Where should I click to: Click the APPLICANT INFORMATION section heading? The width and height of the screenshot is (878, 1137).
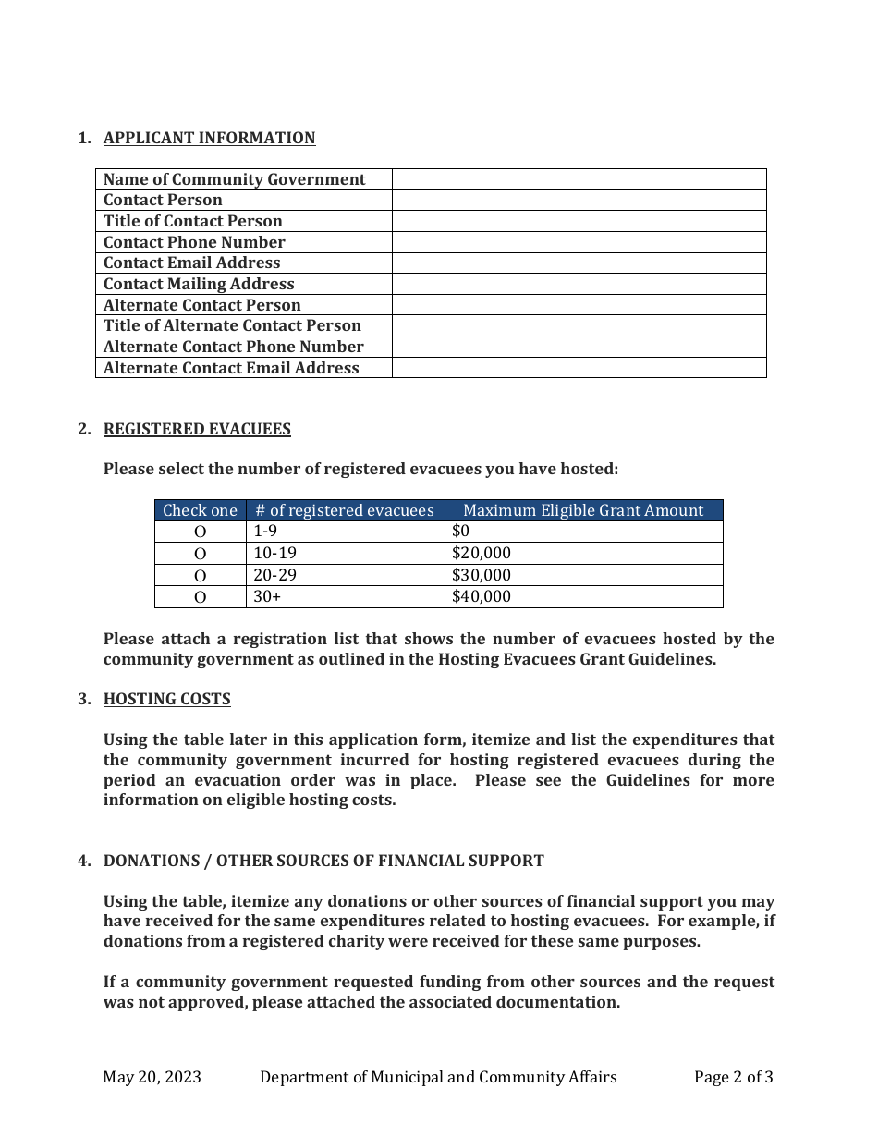point(209,138)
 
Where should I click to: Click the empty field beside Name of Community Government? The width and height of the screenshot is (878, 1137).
point(579,179)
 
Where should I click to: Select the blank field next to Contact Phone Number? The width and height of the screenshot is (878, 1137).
point(579,242)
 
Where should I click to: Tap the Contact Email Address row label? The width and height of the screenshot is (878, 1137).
point(191,263)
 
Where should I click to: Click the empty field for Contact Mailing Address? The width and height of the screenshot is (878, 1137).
point(579,284)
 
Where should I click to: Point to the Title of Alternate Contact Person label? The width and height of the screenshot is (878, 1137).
point(232,325)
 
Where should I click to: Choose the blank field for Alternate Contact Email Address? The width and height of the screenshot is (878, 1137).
point(579,368)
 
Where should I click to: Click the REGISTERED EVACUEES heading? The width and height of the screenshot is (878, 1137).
point(197,429)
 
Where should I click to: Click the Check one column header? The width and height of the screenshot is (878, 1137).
point(200,510)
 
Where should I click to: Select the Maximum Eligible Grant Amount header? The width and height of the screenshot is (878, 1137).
point(583,510)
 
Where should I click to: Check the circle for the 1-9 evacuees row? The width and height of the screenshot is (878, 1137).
point(200,532)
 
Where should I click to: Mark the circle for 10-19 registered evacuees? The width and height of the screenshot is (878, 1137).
point(200,554)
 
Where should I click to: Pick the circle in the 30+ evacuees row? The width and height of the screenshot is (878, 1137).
point(200,597)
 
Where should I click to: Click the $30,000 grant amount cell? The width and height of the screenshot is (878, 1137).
point(482,575)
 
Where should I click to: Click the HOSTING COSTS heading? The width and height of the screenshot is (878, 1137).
point(166,699)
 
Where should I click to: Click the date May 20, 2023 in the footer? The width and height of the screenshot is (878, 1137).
point(152,1076)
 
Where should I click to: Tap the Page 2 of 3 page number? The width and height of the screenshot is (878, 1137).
point(733,1076)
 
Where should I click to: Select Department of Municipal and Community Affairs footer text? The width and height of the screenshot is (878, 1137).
point(438,1076)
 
